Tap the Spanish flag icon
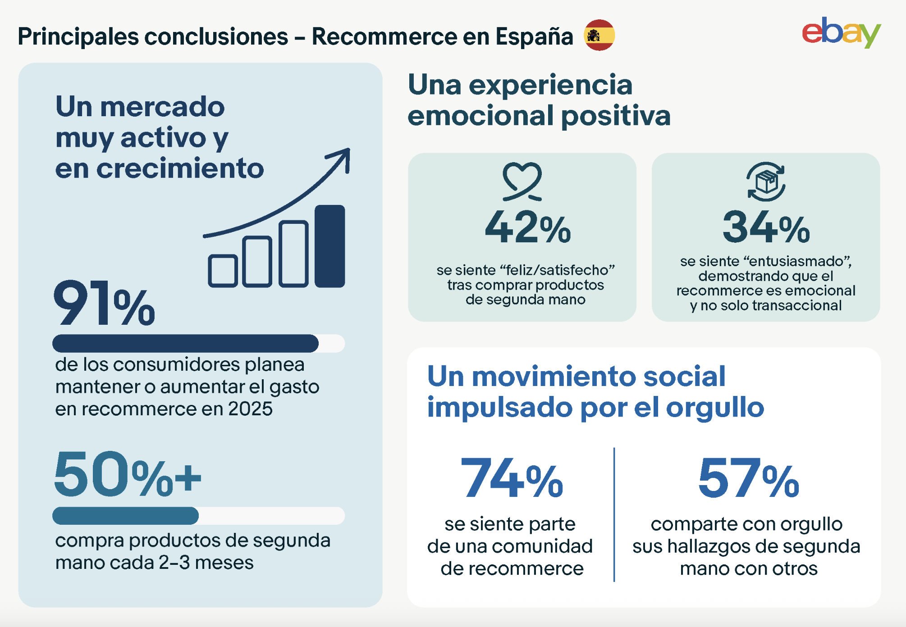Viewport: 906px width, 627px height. click(599, 35)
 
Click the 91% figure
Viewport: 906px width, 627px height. click(104, 303)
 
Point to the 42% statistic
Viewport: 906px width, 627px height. click(528, 227)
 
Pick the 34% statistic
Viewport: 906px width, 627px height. click(766, 227)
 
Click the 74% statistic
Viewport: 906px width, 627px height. click(512, 478)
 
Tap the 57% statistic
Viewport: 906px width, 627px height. click(749, 478)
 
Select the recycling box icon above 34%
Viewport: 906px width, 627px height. click(766, 182)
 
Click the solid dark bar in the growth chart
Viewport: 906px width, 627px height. click(329, 246)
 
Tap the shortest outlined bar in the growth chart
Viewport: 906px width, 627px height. click(223, 271)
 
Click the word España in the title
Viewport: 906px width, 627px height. click(534, 36)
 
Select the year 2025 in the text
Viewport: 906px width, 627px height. click(250, 409)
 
